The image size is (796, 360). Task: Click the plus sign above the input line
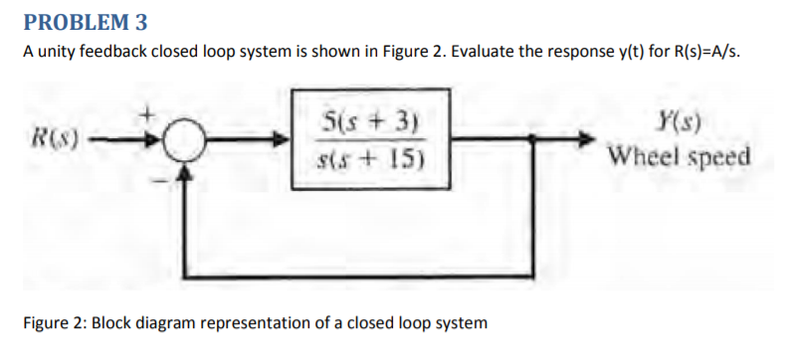point(152,114)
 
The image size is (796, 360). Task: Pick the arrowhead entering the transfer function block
point(285,141)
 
